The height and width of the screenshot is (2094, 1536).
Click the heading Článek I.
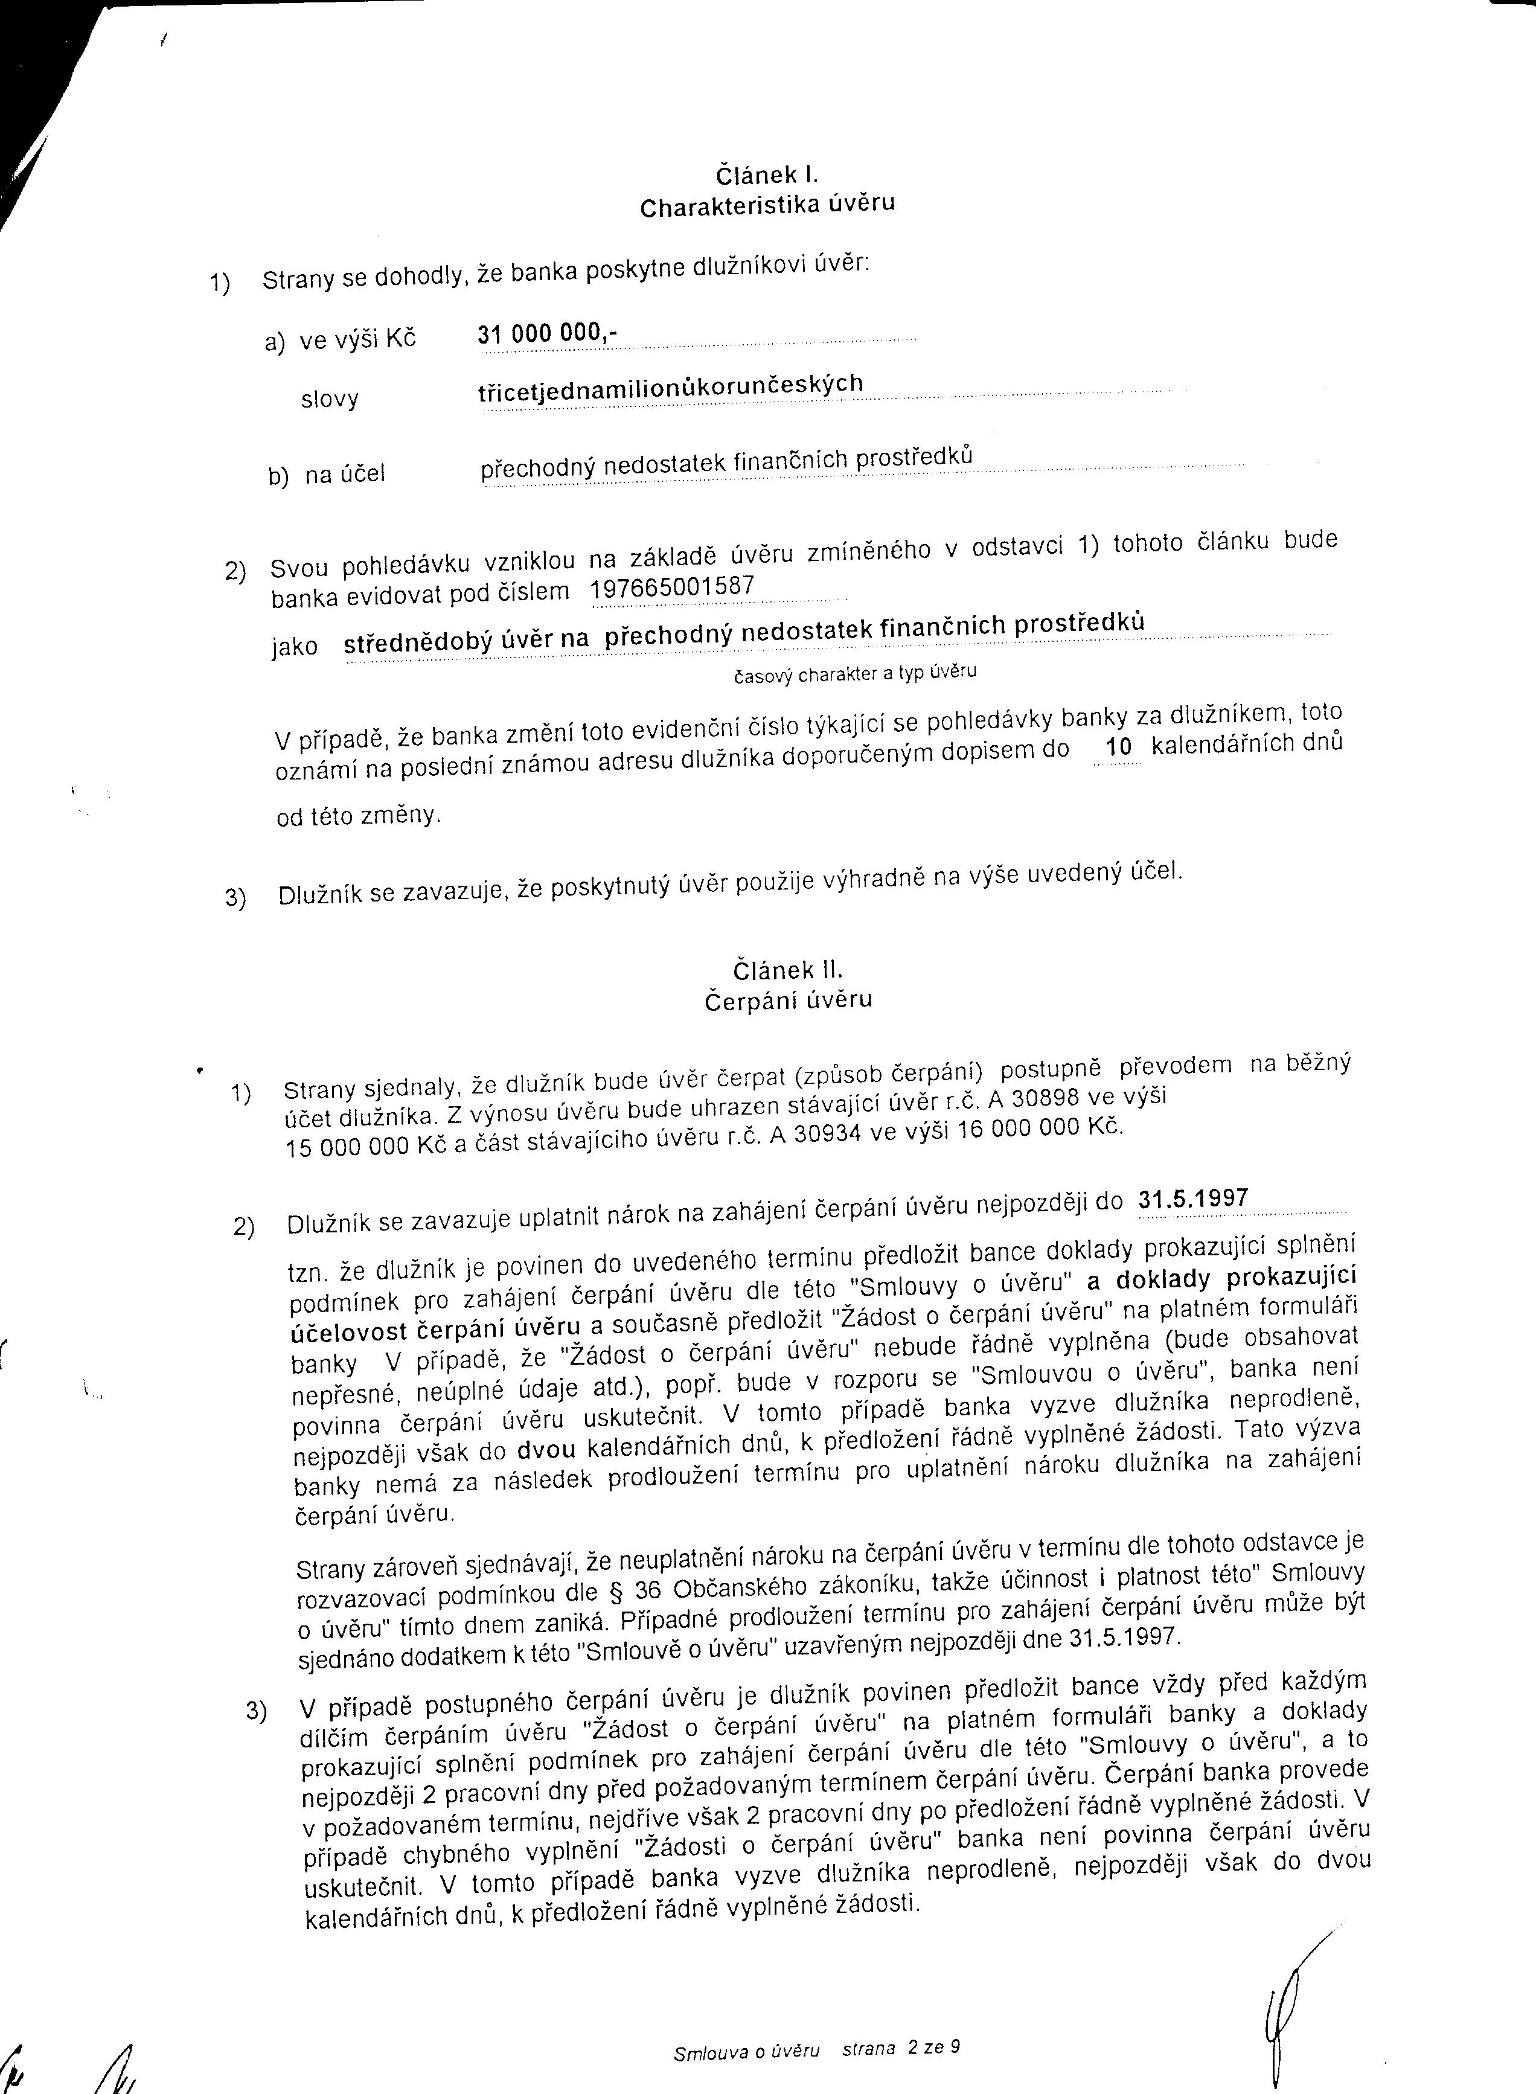(x=766, y=175)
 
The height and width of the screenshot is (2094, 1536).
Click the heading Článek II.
(x=787, y=971)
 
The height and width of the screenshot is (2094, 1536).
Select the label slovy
(x=329, y=400)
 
